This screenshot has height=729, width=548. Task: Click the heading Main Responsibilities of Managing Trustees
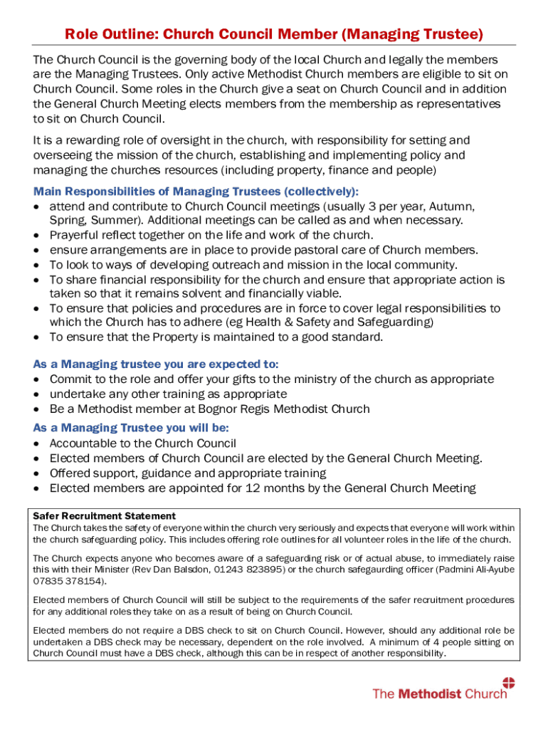(196, 192)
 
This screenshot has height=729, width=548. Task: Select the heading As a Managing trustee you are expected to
(156, 364)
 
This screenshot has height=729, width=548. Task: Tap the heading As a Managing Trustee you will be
(141, 428)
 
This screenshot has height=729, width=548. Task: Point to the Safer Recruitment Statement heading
(105, 515)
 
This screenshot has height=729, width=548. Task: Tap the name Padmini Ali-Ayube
(470, 570)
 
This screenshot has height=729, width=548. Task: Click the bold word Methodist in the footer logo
(429, 694)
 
